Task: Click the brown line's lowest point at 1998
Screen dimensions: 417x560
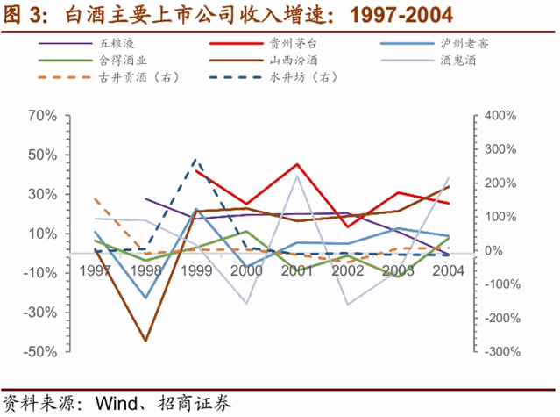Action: pyautogui.click(x=145, y=341)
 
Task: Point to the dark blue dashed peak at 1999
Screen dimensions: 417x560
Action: pyautogui.click(x=195, y=160)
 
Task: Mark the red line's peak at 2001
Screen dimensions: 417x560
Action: pyautogui.click(x=298, y=164)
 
